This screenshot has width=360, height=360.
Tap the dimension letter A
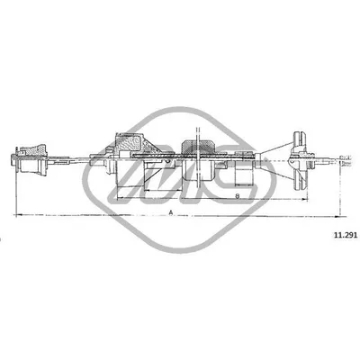[x=170, y=212]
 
